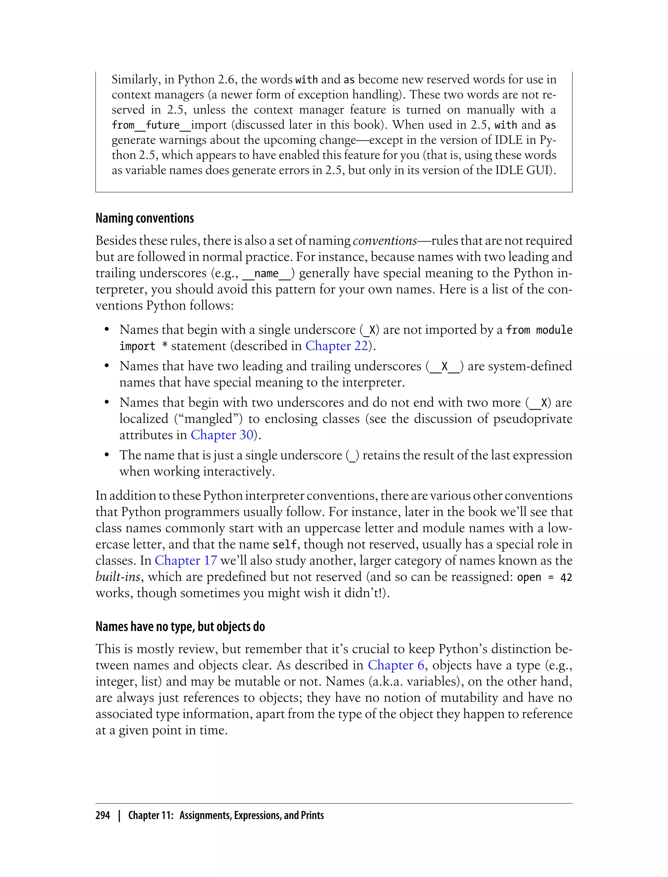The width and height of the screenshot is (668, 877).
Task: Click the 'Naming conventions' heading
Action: (x=144, y=218)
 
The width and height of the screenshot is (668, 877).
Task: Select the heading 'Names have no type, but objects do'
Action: (x=180, y=626)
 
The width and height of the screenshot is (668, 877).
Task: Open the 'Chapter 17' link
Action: (x=186, y=561)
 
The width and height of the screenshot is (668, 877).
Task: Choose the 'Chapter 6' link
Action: (x=396, y=665)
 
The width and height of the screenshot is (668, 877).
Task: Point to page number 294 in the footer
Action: (x=103, y=815)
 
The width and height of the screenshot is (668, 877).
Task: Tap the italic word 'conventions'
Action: (x=385, y=241)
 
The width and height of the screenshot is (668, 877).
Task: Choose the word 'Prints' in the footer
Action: (x=312, y=815)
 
